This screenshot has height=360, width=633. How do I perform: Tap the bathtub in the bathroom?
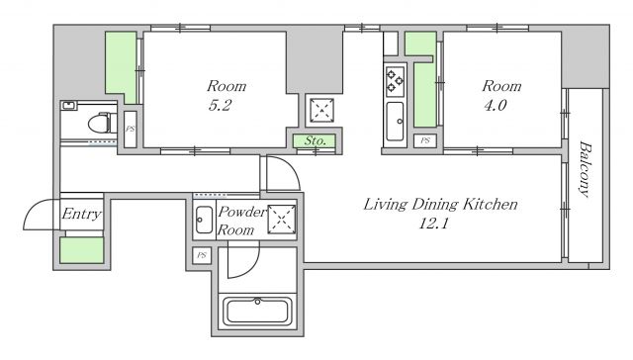257,312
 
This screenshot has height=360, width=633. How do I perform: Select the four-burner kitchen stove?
395,81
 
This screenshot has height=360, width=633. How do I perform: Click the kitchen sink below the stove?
395,121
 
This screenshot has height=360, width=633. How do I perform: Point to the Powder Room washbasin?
204,220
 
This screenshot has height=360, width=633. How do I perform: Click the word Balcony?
585,169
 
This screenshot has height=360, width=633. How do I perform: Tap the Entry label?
81,214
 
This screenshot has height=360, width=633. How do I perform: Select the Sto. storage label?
315,140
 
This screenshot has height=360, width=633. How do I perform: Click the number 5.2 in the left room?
220,106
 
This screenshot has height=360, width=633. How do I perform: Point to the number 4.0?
495,106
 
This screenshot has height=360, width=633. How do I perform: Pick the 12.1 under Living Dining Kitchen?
433,224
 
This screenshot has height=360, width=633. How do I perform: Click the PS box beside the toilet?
130,130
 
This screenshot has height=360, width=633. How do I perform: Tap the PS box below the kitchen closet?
425,140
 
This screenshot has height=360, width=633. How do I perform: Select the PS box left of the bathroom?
202,255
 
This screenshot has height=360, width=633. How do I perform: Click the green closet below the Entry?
82,250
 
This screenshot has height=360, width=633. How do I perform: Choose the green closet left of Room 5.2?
121,66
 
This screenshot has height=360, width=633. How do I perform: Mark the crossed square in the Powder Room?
282,220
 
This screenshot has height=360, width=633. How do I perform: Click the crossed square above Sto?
321,110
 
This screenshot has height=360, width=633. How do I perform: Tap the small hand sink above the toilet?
69,106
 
